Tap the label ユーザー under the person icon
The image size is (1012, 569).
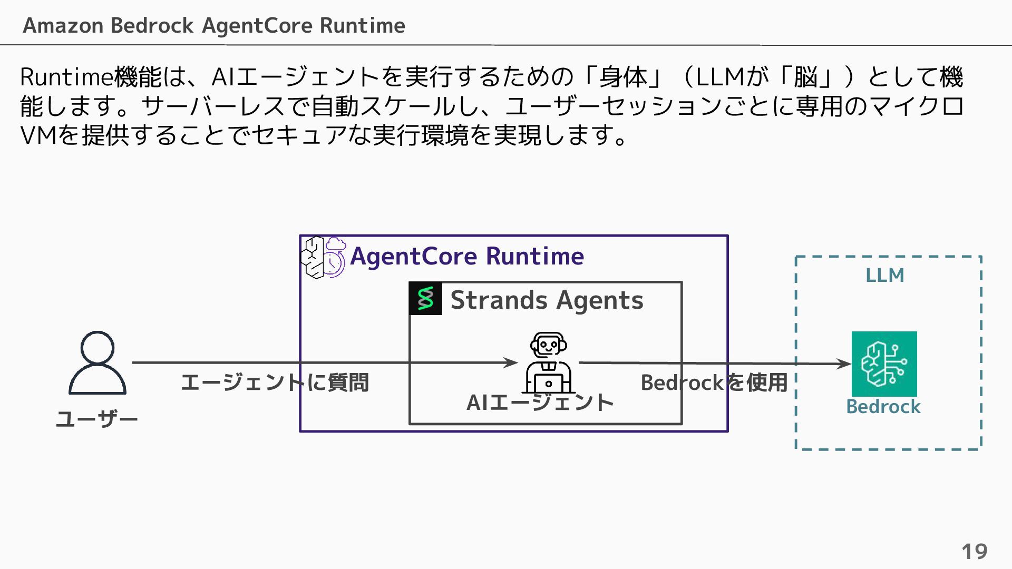click(97, 420)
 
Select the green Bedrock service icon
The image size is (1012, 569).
click(884, 364)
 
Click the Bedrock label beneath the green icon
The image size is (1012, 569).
click(883, 407)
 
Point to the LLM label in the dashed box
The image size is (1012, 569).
click(885, 275)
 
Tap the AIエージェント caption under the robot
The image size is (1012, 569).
click(540, 403)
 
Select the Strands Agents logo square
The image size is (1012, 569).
click(425, 299)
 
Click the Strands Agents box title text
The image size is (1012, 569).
click(547, 300)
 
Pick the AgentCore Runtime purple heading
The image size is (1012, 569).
click(467, 256)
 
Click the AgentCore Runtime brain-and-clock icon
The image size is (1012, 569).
click(323, 257)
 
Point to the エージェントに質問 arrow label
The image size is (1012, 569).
click(275, 382)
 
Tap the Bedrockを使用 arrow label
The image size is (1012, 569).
click(714, 382)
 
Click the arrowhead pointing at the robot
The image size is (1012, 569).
click(511, 362)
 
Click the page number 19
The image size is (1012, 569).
click(974, 552)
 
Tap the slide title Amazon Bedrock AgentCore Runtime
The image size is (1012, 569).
click(214, 25)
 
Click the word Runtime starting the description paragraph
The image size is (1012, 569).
click(66, 77)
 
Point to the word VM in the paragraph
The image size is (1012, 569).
click(38, 135)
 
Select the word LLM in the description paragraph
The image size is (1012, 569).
click(720, 77)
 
